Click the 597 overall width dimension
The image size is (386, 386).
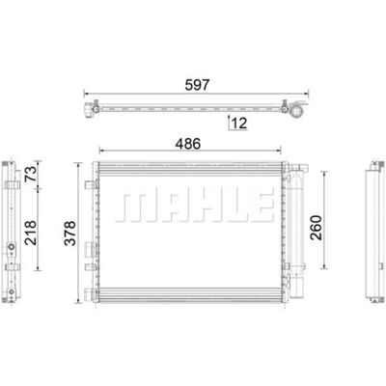pos(197,85)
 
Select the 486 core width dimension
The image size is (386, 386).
pos(188,144)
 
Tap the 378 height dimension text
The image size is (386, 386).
pos(70,234)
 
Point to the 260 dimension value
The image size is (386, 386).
pos(316,228)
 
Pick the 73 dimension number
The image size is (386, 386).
pos(31,174)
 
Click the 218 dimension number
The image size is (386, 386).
pos(31,233)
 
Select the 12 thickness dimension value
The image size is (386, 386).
pos(239,123)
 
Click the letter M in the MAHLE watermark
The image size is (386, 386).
pos(128,208)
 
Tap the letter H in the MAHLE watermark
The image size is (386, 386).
pos(195,208)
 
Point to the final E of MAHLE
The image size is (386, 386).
pos(258,208)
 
